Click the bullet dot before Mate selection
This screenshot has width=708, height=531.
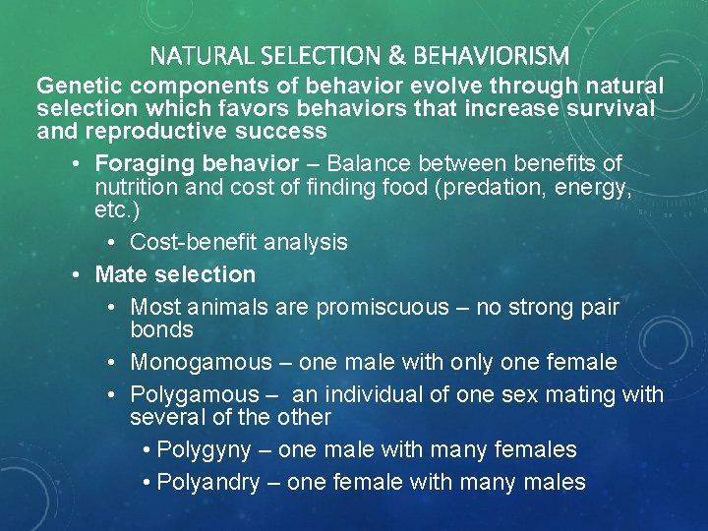coord(76,275)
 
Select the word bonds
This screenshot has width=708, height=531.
coord(161,329)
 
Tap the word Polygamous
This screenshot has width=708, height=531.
coord(193,394)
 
